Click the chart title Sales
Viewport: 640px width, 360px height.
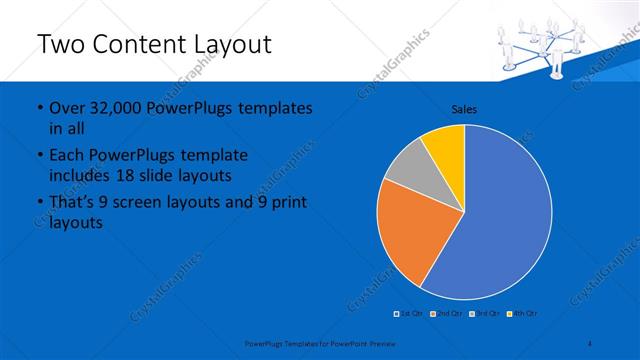click(x=464, y=109)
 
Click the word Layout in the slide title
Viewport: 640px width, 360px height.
click(x=223, y=45)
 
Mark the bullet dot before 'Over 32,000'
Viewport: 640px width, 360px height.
click(x=38, y=108)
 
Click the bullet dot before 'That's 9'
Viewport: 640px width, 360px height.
click(x=38, y=203)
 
